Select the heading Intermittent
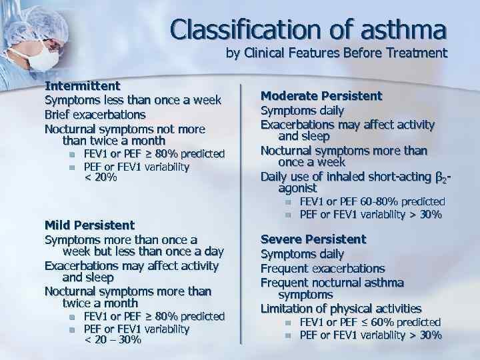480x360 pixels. pos(82,86)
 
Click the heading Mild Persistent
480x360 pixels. pos(89,225)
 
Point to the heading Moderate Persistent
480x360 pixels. pos(321,96)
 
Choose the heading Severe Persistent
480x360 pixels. pos(313,239)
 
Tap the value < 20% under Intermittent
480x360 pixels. pos(101,177)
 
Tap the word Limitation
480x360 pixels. pos(289,308)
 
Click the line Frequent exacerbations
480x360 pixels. pos(323,268)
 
